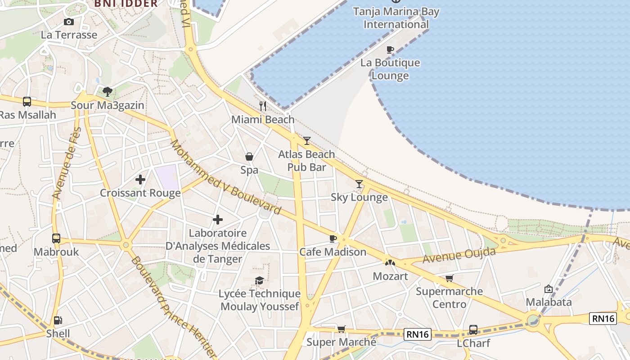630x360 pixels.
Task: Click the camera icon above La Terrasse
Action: [69, 22]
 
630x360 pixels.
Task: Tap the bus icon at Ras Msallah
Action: [27, 102]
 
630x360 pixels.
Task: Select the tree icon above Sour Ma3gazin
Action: [107, 92]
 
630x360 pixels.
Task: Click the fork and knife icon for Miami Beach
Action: [263, 106]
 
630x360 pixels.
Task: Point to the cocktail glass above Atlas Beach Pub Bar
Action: [306, 141]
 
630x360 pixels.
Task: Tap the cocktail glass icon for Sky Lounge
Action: [359, 184]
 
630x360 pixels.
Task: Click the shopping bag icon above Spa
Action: [249, 157]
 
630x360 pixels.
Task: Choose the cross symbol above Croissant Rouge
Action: [140, 180]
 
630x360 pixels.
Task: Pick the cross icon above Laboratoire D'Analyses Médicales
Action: [218, 220]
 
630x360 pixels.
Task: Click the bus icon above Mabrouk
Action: [56, 238]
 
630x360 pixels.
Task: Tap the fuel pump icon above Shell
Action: [58, 320]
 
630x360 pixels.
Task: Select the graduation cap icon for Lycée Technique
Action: [259, 280]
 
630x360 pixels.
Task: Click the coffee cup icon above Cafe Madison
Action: [333, 238]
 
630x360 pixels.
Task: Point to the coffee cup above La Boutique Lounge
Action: [390, 49]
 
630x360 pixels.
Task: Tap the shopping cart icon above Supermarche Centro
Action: [449, 278]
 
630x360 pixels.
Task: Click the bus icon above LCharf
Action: [473, 329]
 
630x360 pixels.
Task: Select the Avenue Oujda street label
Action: [459, 255]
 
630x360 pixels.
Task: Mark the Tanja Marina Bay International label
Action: [396, 18]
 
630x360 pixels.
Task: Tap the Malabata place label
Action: [549, 302]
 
